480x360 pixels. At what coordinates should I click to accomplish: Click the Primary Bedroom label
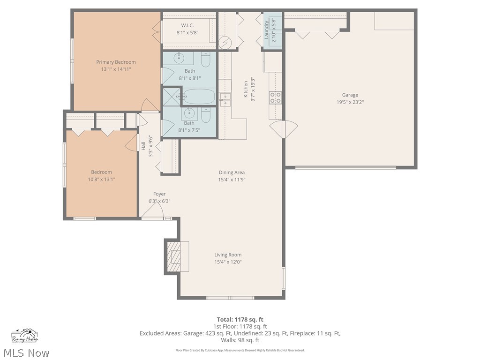[x=116, y=62]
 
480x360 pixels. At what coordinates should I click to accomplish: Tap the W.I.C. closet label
[x=188, y=25]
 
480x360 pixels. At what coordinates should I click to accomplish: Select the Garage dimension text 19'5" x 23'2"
[x=350, y=102]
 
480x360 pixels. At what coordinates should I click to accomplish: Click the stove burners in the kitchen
[x=275, y=97]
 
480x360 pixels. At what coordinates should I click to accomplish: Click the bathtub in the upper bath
[x=199, y=97]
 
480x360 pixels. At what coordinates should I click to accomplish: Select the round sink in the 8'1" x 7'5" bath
[x=189, y=113]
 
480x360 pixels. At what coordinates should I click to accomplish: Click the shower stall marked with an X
[x=171, y=97]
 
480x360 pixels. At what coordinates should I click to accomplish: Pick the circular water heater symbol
[x=225, y=42]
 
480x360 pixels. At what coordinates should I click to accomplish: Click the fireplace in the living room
[x=176, y=256]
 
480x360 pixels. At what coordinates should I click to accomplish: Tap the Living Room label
[x=228, y=255]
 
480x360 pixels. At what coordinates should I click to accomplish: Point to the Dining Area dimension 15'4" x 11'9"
[x=232, y=180]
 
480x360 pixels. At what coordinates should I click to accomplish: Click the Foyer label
[x=159, y=194]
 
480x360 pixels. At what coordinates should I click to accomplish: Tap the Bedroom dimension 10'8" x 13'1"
[x=101, y=179]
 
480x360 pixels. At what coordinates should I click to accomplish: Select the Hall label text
[x=143, y=146]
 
